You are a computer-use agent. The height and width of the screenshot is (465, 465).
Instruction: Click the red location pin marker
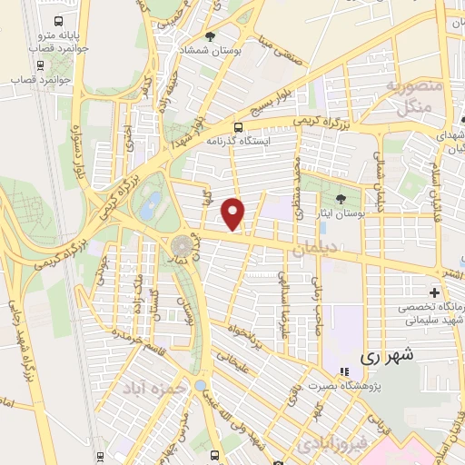click(x=233, y=213)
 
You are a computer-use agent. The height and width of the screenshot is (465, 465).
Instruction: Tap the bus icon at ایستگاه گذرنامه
click(x=238, y=127)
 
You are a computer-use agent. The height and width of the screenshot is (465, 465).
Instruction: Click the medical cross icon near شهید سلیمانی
click(x=434, y=292)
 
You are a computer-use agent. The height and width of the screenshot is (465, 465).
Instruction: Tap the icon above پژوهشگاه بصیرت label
click(x=343, y=371)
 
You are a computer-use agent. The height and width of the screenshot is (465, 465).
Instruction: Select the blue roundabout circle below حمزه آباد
click(x=199, y=385)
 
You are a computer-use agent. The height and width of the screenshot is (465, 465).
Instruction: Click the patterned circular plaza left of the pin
click(x=181, y=246)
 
